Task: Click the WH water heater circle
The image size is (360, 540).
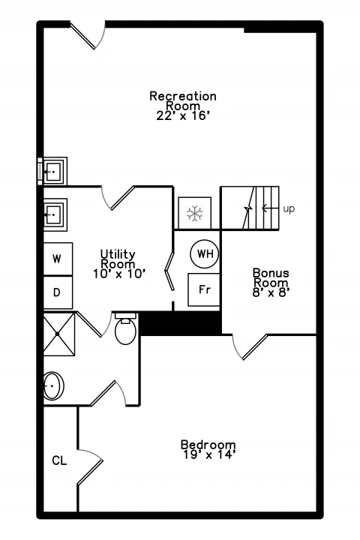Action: (205, 254)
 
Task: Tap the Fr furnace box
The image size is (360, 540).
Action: (204, 289)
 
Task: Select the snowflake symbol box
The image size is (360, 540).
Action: (195, 213)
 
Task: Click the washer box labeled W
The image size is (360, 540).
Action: (58, 259)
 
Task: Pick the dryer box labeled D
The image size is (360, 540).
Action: (58, 292)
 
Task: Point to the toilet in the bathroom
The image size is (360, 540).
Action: (125, 328)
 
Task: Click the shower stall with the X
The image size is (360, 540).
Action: (58, 334)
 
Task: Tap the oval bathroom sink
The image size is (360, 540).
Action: (53, 385)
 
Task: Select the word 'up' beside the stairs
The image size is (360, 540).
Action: (289, 209)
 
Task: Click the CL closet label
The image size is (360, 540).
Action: (59, 460)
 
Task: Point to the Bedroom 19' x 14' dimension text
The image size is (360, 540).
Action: (208, 455)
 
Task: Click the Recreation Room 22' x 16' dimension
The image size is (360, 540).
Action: (183, 115)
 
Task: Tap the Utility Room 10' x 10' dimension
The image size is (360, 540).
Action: (119, 274)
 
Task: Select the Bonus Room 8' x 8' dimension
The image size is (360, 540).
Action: (271, 292)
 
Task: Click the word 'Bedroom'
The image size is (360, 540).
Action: (208, 445)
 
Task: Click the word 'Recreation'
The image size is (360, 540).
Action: (183, 96)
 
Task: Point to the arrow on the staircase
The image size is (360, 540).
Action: (270, 208)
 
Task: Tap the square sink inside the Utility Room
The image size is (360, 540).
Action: (55, 214)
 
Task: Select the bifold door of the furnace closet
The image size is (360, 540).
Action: (169, 271)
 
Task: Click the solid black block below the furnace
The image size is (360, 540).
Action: (180, 322)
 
